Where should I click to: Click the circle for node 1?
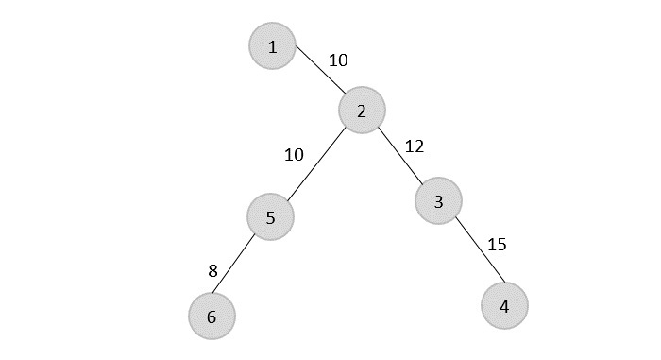[x=273, y=46]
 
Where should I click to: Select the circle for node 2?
[x=363, y=111]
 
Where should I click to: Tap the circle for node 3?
[x=438, y=200]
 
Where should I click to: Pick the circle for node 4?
[x=504, y=306]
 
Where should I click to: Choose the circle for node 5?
[x=270, y=217]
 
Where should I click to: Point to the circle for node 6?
[x=212, y=317]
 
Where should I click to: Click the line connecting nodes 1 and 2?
[x=319, y=68]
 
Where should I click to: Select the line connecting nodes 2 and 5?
[x=315, y=164]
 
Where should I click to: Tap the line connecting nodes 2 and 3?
[x=400, y=156]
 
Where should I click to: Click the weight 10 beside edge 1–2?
[x=338, y=60]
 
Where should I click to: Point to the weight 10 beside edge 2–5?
[x=294, y=154]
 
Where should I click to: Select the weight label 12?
[x=415, y=146]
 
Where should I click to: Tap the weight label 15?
[x=497, y=245]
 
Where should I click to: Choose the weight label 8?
[x=213, y=271]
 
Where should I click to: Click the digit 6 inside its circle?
[x=212, y=317]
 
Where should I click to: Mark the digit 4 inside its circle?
[x=504, y=307]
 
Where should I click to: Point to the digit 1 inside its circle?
[x=273, y=47]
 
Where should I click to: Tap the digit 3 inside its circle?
[x=438, y=201]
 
